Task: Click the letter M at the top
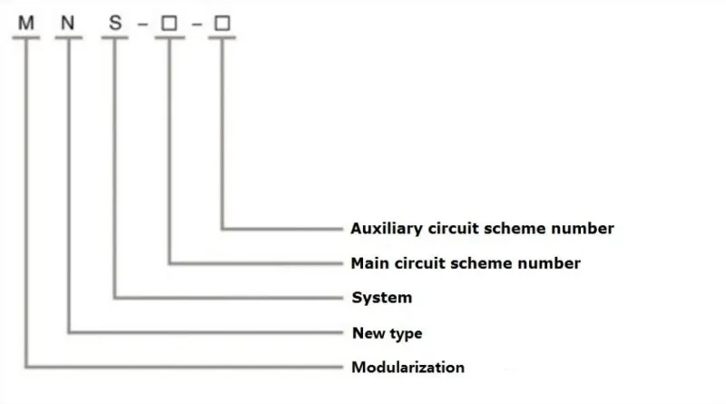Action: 26,23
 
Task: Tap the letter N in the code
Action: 70,23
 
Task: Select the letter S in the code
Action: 115,23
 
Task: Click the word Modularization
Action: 407,368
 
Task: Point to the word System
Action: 381,298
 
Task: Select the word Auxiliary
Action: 385,229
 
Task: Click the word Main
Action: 369,263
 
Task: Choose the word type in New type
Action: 405,334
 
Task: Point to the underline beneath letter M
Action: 26,38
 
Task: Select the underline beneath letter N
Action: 70,38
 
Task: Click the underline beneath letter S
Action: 115,38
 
